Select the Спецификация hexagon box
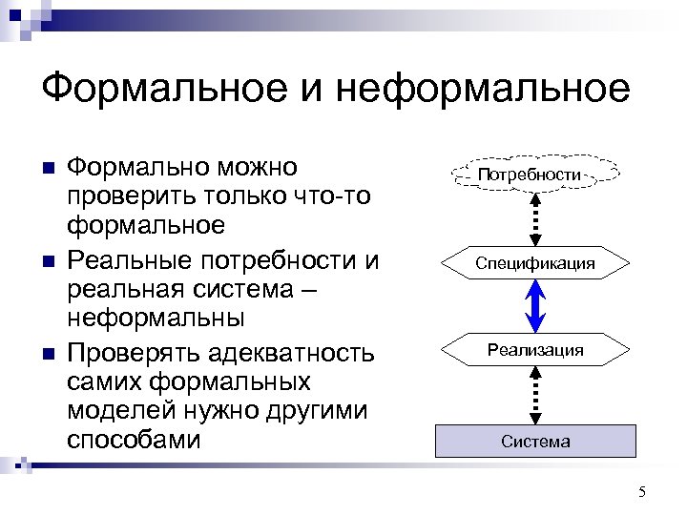[535, 262]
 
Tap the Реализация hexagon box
[535, 350]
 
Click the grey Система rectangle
[535, 441]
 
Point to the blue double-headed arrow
[535, 306]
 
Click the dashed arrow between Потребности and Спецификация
[535, 218]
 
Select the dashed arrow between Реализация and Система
[535, 395]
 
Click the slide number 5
[641, 492]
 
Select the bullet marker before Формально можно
[51, 169]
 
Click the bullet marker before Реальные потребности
[51, 261]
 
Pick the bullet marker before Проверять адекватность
[51, 354]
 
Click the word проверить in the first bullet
[133, 196]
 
